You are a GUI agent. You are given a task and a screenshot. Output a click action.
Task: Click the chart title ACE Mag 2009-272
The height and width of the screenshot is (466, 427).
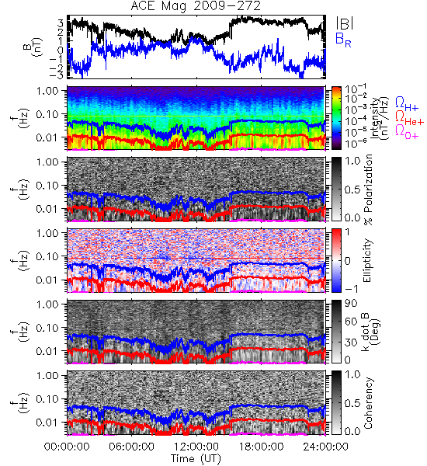[x=196, y=6]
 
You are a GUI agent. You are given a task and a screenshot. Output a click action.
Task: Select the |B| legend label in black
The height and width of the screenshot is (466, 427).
[x=345, y=23]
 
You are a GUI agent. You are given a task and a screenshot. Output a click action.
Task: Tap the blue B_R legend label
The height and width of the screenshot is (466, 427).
[x=343, y=40]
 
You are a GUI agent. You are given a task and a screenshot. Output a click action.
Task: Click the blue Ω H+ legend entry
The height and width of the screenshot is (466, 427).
[x=407, y=103]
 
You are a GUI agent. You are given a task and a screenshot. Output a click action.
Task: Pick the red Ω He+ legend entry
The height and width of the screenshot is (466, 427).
[x=409, y=118]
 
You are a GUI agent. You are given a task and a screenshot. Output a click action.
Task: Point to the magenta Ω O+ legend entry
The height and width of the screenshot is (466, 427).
[x=407, y=133]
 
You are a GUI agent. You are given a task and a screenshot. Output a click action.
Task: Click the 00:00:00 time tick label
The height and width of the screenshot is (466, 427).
[x=67, y=447]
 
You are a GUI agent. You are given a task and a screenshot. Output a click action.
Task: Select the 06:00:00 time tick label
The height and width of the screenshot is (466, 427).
[x=131, y=447]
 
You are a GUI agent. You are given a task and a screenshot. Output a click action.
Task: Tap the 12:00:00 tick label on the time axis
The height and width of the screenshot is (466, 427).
[x=196, y=447]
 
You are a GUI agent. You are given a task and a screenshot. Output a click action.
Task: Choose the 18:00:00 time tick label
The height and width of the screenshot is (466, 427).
[x=261, y=447]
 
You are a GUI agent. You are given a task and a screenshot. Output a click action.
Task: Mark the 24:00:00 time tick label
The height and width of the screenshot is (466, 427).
[x=325, y=447]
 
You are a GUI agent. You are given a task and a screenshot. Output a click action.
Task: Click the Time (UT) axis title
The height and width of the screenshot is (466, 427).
[x=196, y=458]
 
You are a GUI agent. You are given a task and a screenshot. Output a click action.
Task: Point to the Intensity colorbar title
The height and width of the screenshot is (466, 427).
[x=380, y=118]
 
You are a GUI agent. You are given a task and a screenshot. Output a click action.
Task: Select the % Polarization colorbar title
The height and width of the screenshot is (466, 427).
[x=368, y=190]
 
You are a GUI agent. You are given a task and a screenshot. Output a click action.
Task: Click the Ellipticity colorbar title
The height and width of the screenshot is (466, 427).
[x=367, y=260]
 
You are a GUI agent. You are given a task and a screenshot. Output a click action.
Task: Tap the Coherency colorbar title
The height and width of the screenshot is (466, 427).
[x=368, y=403]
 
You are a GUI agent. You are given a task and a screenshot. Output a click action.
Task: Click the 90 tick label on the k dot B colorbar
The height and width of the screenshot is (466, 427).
[x=351, y=304]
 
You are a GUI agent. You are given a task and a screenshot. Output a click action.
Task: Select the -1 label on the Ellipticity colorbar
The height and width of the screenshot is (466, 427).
[x=351, y=289]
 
